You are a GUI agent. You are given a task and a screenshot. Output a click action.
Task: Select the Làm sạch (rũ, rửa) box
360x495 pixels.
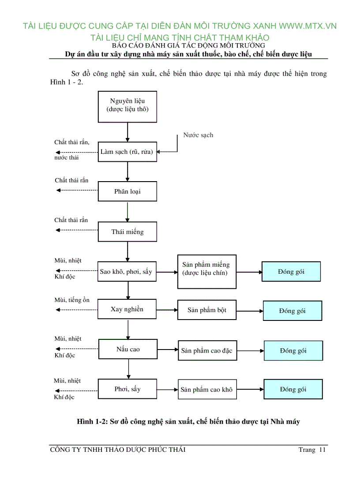(x=127, y=152)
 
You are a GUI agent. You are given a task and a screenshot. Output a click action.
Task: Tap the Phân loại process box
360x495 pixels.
(x=127, y=191)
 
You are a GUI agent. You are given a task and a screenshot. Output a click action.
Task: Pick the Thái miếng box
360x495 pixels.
(x=127, y=232)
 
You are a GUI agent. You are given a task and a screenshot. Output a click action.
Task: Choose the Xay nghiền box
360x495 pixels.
(x=127, y=309)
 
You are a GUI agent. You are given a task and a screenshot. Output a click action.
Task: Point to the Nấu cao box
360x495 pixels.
(x=128, y=350)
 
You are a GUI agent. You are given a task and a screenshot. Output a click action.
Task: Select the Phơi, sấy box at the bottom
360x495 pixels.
(x=127, y=389)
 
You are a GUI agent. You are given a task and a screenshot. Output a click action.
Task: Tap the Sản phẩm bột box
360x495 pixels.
(x=206, y=310)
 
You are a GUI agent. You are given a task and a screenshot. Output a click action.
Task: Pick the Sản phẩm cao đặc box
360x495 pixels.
(x=206, y=351)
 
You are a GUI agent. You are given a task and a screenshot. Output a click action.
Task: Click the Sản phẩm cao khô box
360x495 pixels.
(x=206, y=390)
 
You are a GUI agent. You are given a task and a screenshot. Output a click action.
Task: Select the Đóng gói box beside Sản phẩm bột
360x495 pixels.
(x=292, y=311)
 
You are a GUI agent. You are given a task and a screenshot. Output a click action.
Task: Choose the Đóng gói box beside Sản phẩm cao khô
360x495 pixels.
(x=293, y=389)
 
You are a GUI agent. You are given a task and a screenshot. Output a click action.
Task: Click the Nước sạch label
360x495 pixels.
(x=198, y=135)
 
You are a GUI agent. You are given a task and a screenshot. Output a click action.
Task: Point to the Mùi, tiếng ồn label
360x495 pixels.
(x=71, y=300)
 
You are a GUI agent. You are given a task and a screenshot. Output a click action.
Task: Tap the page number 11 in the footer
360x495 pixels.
(x=322, y=450)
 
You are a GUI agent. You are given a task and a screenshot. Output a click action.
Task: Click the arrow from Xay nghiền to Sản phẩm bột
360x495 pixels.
(x=167, y=310)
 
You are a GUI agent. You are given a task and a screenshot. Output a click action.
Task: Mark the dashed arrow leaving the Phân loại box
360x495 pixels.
(x=77, y=190)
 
